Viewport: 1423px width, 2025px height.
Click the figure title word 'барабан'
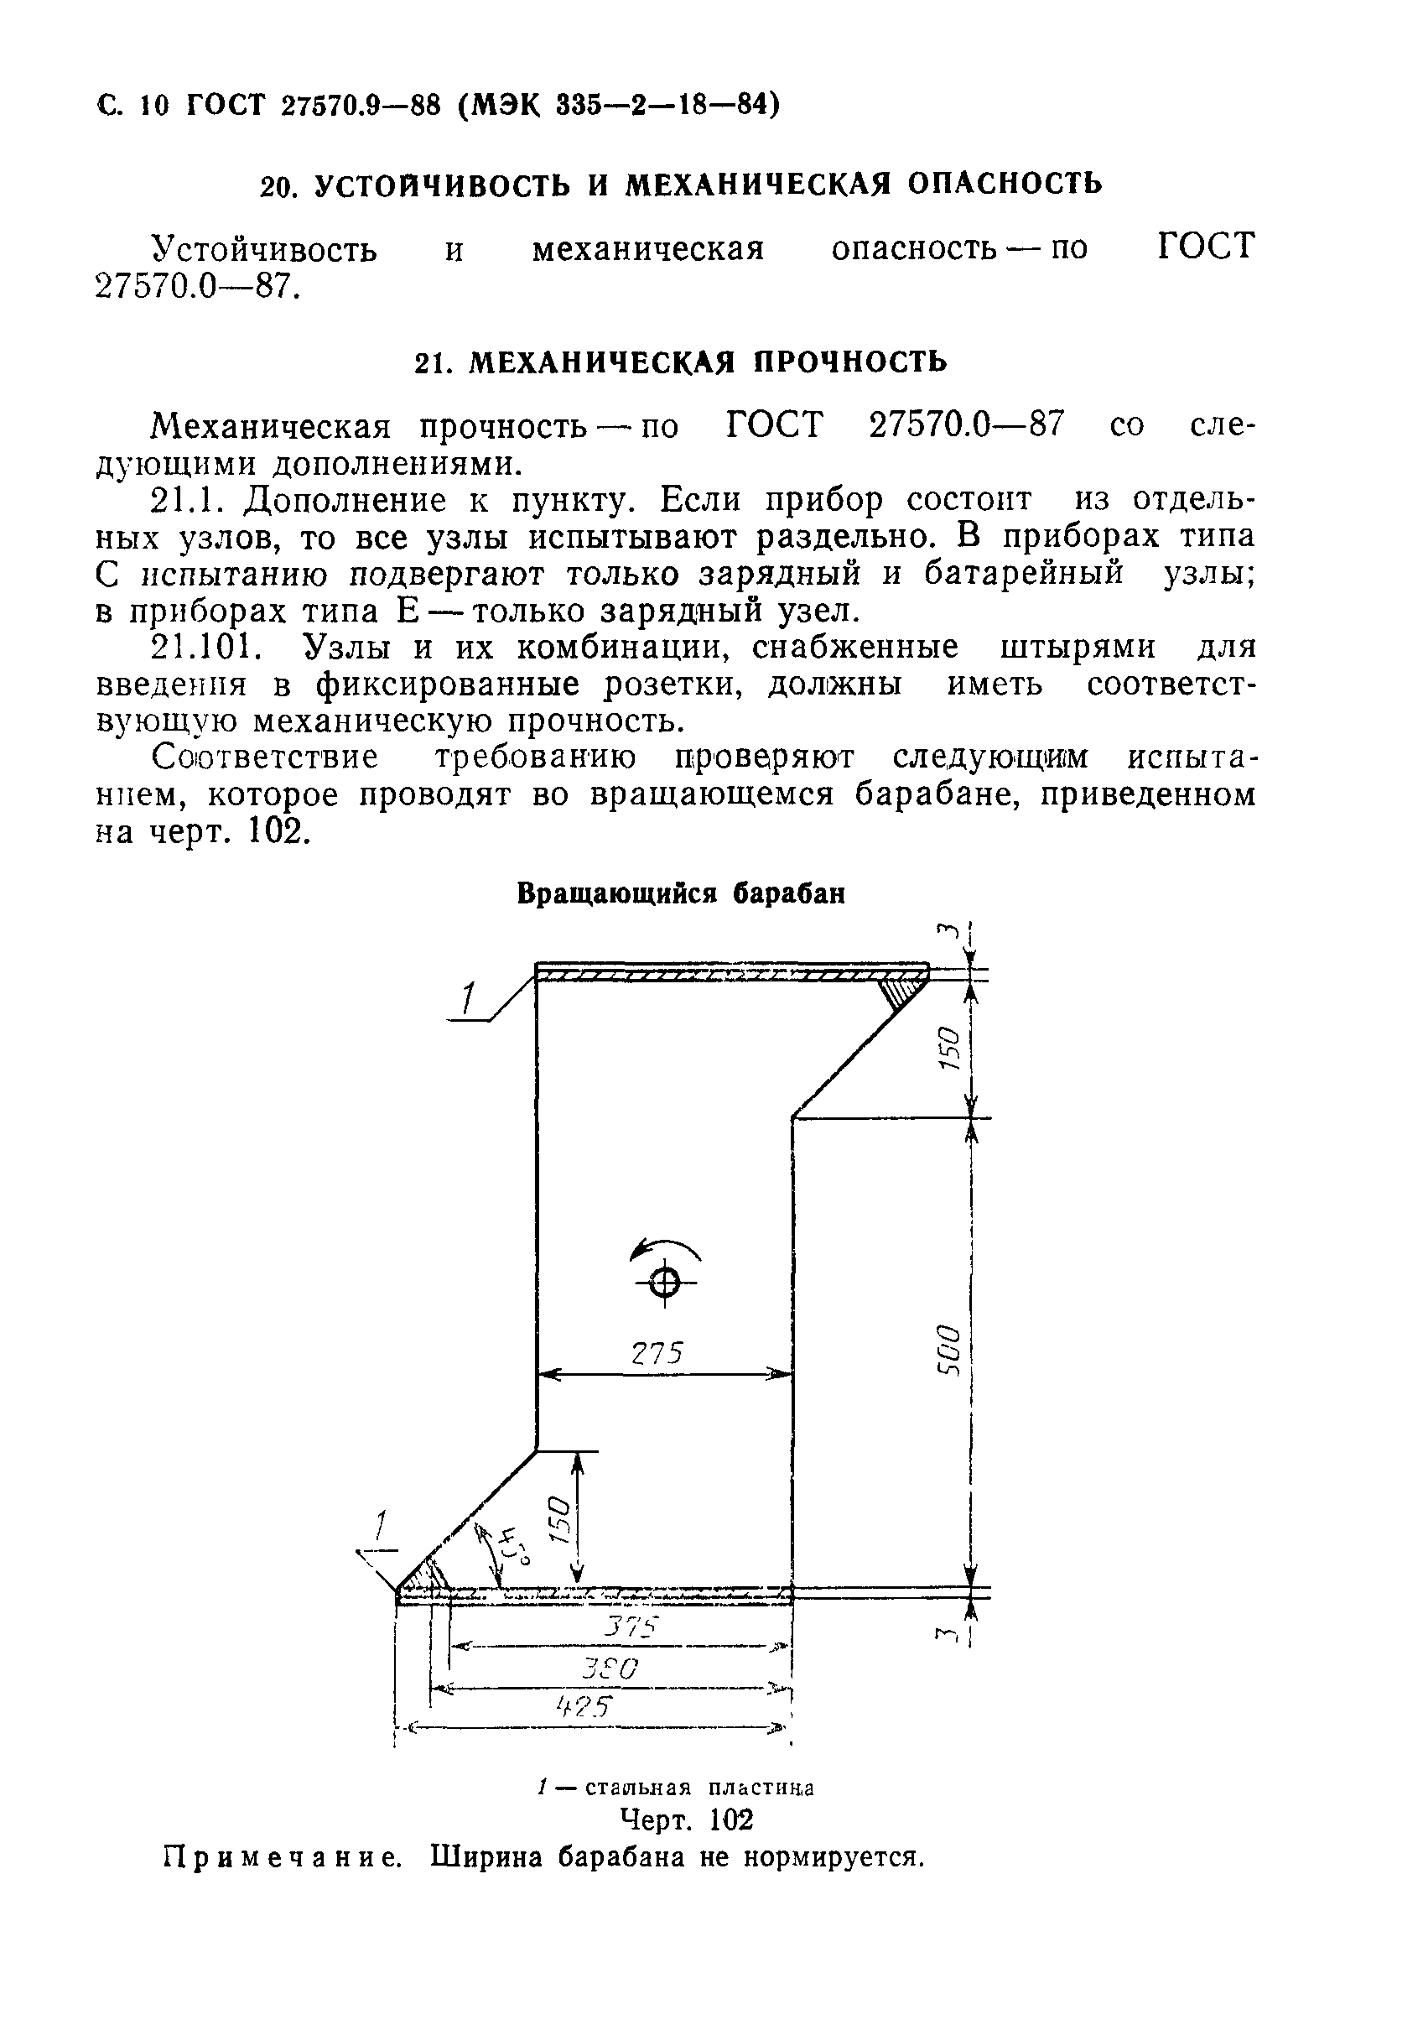click(x=790, y=893)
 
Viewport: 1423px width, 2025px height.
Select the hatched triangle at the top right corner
click(x=903, y=990)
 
